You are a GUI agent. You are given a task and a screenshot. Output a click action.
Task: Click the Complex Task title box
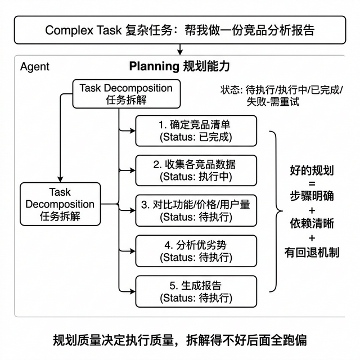point(180,30)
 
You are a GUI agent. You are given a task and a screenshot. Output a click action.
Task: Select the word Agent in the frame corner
point(34,67)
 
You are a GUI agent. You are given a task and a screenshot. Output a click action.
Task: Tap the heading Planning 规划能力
point(179,66)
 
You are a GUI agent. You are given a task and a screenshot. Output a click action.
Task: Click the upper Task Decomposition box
point(125,94)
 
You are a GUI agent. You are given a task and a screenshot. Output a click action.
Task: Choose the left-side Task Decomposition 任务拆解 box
point(60,204)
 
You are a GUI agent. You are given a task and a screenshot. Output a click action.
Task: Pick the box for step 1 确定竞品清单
point(196,131)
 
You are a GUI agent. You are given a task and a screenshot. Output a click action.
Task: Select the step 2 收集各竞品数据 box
point(196,170)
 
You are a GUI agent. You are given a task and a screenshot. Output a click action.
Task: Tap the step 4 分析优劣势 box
point(196,251)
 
